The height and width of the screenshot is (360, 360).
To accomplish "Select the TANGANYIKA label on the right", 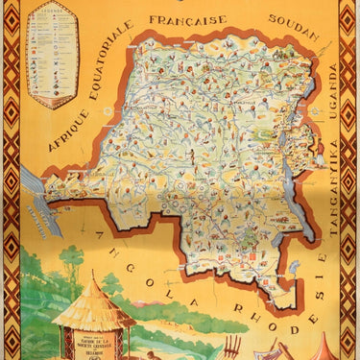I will tap(333, 174).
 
